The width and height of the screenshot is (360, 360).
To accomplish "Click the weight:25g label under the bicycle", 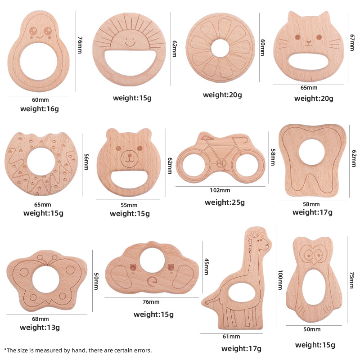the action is (225, 202).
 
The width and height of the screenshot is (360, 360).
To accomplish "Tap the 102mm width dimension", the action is (220, 190).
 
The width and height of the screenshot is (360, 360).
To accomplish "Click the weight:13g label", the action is (40, 327).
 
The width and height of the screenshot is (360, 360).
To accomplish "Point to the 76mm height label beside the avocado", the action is (79, 45).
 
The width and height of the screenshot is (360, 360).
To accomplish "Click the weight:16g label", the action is (39, 108).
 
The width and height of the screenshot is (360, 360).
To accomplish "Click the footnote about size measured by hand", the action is (78, 350).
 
